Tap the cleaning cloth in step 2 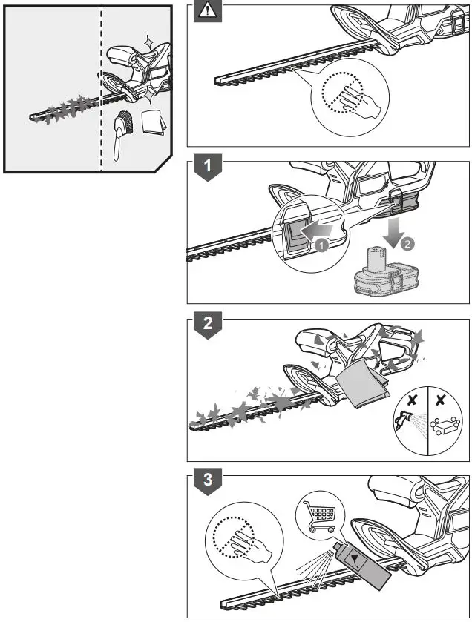363,387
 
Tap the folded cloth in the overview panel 153,122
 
